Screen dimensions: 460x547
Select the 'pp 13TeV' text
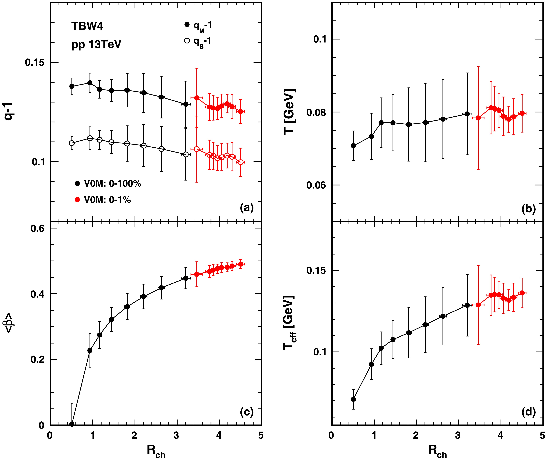pos(96,45)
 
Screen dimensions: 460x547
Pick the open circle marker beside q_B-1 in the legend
pos(187,41)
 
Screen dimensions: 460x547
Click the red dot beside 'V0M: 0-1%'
pos(77,200)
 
